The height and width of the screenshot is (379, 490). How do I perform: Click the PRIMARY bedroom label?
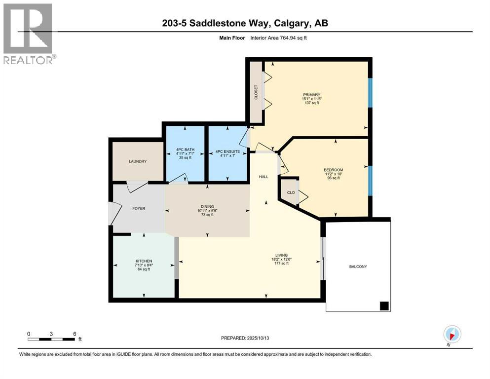coord(312,95)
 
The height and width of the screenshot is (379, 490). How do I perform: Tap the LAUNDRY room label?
coord(138,161)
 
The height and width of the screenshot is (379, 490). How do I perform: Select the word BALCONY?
coord(358,266)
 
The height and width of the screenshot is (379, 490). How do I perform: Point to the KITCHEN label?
coord(144,261)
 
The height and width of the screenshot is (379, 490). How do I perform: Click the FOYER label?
coord(139,208)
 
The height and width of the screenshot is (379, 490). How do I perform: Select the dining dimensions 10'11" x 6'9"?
coord(207,211)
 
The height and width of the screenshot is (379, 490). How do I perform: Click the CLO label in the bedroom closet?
coord(291,192)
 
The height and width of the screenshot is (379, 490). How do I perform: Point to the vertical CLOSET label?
coord(256,92)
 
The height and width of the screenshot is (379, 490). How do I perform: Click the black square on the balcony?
coord(384,306)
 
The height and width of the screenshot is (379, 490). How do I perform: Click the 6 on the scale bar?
coord(75,334)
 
